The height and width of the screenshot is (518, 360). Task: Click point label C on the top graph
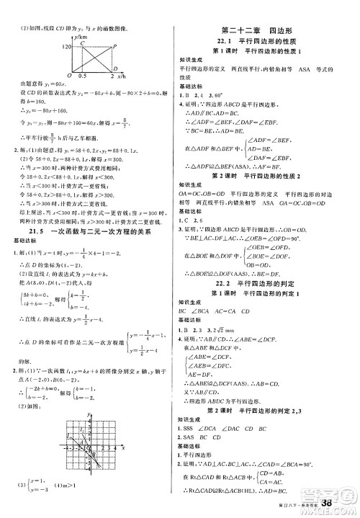click(82, 41)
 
